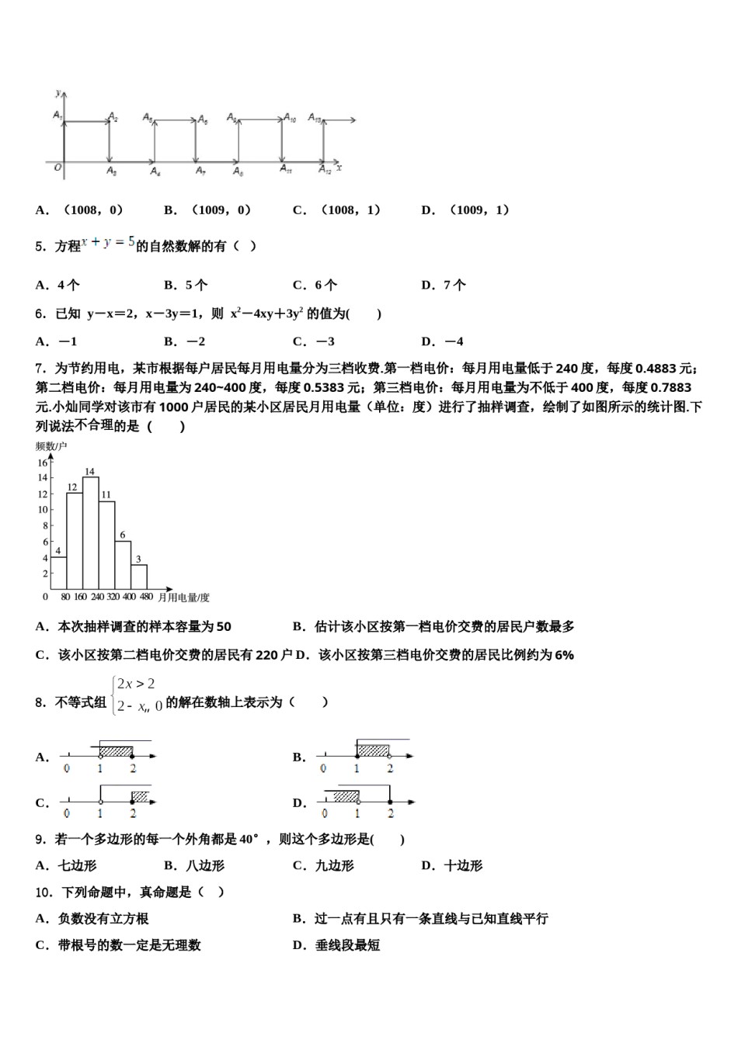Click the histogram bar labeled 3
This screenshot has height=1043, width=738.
(x=139, y=576)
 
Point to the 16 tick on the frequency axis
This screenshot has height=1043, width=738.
(x=43, y=463)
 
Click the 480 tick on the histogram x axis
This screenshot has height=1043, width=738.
(x=146, y=598)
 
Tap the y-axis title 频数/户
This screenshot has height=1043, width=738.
(x=51, y=446)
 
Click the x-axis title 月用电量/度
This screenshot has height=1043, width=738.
(x=183, y=598)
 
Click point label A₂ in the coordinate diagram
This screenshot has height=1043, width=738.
(x=113, y=116)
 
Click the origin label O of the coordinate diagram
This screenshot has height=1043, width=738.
(x=57, y=167)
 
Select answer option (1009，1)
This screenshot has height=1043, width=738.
(x=466, y=210)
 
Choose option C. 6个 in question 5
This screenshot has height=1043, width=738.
(x=315, y=285)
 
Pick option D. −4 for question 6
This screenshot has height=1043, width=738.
(x=443, y=341)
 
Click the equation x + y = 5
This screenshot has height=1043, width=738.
(x=108, y=243)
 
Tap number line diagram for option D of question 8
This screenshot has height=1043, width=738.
(x=365, y=802)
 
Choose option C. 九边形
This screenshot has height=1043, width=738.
(x=324, y=866)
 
